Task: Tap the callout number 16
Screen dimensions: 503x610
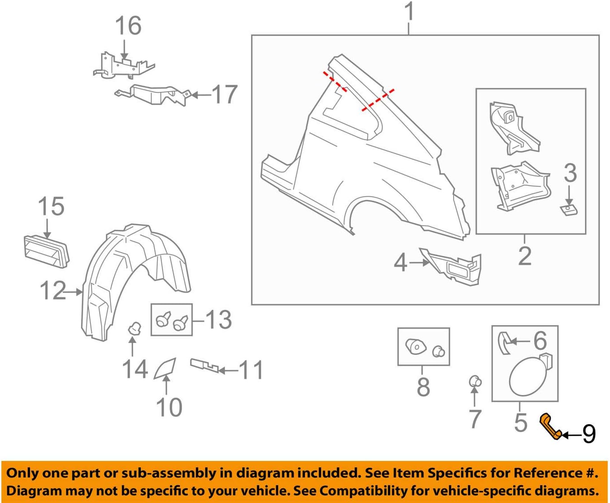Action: (128, 26)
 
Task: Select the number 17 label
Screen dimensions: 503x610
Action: (224, 95)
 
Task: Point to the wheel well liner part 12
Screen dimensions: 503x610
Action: (134, 278)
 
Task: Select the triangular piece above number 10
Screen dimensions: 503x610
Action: (165, 369)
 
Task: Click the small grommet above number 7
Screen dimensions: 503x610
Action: (474, 382)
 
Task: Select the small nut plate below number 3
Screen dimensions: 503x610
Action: (568, 210)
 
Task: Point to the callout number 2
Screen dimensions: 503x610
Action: (525, 256)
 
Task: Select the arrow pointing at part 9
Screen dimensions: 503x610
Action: (572, 434)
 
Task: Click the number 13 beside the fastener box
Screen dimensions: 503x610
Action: (218, 320)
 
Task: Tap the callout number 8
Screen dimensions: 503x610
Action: (423, 387)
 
